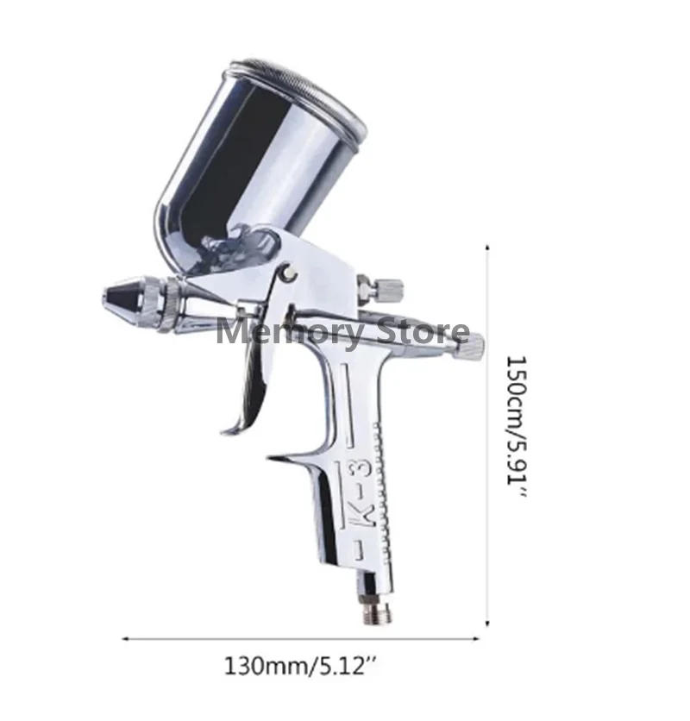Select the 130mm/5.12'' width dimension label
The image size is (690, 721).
click(301, 667)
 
